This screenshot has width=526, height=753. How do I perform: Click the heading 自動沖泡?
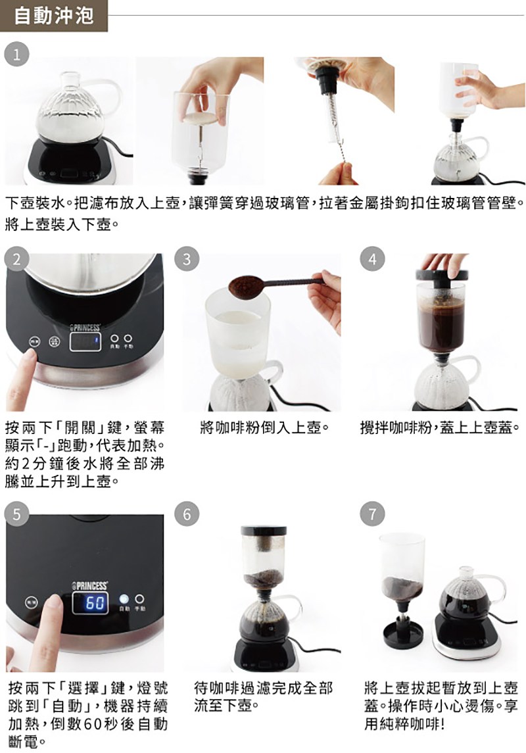point(53,16)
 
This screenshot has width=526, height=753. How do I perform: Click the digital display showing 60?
point(90,602)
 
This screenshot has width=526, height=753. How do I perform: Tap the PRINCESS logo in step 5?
point(89,585)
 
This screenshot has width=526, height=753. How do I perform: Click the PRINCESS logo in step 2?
point(85,327)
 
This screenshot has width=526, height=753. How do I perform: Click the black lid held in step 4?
point(442,276)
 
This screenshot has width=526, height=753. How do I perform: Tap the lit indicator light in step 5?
point(124,599)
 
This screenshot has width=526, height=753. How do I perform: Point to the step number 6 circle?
point(187,514)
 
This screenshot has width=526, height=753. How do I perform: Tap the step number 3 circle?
point(187,259)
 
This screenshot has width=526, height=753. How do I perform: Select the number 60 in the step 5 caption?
point(91,723)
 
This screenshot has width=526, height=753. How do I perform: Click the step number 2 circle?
point(17,259)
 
